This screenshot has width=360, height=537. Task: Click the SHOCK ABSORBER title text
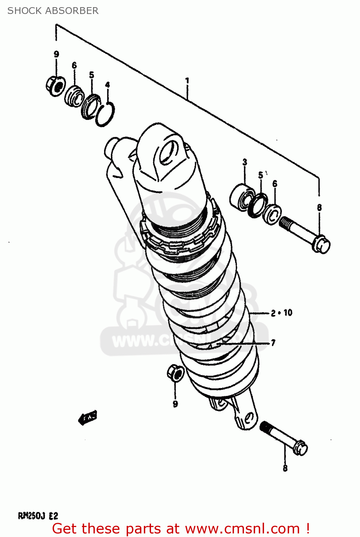53,11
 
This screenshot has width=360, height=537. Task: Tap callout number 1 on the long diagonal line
187,81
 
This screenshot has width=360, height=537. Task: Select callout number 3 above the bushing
245,162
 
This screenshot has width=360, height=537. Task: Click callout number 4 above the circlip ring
107,85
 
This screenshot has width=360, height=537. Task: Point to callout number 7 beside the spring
273,343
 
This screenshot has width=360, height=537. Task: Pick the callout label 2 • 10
282,313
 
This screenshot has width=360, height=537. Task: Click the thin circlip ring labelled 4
105,114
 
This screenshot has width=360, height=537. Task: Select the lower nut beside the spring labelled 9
175,373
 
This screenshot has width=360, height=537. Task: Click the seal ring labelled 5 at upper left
90,106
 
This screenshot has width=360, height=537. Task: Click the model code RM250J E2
38,516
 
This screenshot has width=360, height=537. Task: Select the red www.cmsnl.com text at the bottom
242,528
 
